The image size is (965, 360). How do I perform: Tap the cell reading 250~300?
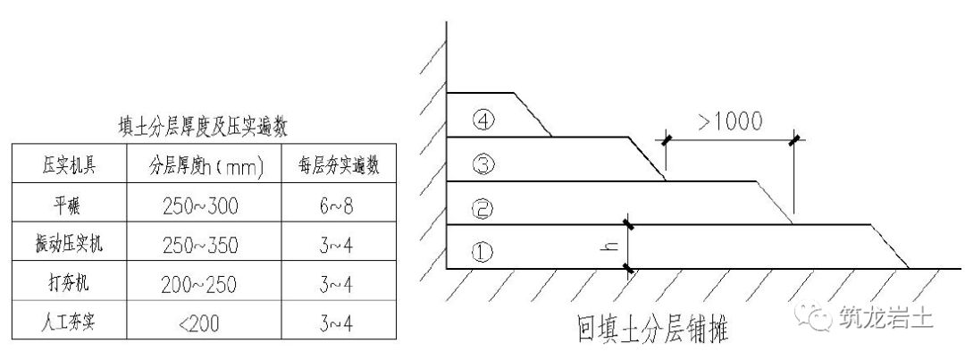(202, 205)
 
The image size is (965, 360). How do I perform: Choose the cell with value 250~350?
(202, 244)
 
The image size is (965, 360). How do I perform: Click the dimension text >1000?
(730, 122)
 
